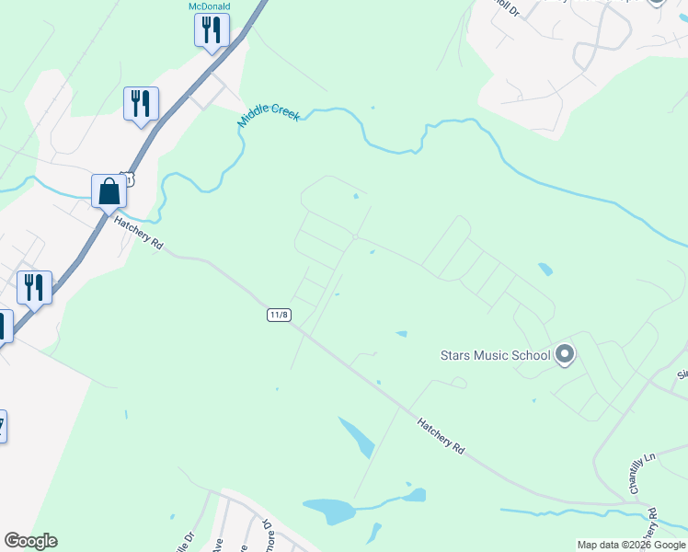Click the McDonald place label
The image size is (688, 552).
(x=209, y=6)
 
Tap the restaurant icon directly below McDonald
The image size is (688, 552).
(x=212, y=30)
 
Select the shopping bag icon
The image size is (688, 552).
(x=109, y=191)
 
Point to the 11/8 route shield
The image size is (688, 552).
(x=280, y=316)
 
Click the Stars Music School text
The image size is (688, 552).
(x=495, y=355)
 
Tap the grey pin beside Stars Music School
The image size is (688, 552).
(x=565, y=354)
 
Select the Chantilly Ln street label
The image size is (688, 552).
(x=635, y=474)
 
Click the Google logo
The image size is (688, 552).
(x=30, y=541)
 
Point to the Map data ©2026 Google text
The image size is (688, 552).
(x=631, y=545)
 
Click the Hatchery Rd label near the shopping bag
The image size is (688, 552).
(x=138, y=234)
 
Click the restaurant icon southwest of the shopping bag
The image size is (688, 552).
(x=34, y=288)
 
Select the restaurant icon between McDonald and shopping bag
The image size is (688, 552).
(x=141, y=104)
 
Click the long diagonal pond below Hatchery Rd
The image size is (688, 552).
(x=357, y=437)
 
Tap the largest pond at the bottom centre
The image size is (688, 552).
(x=328, y=510)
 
